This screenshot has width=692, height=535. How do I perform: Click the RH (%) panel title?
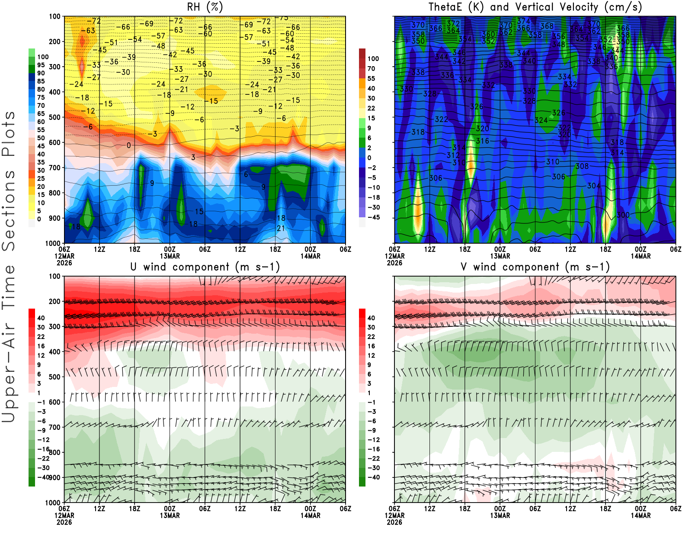click(x=205, y=7)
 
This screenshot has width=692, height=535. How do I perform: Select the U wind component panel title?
click(x=205, y=267)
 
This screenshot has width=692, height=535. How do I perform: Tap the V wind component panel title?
click(x=535, y=267)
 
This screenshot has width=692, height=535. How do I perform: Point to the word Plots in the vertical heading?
click(x=9, y=134)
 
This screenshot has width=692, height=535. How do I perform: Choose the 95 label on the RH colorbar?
click(x=41, y=65)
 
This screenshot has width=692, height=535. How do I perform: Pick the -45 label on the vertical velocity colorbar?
click(x=373, y=217)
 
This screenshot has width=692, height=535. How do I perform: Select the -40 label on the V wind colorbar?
click(x=373, y=477)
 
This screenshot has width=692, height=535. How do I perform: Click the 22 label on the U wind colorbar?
click(x=41, y=337)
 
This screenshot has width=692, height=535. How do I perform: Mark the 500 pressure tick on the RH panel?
click(x=55, y=117)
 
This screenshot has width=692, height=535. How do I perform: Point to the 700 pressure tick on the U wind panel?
click(x=55, y=427)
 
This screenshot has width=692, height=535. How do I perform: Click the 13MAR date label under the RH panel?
click(x=170, y=256)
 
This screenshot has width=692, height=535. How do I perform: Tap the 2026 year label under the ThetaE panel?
click(x=394, y=263)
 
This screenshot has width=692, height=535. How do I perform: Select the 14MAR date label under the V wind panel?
click(x=641, y=516)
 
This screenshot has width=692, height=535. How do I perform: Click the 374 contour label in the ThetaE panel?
click(x=524, y=21)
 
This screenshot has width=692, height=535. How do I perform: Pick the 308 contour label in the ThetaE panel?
click(x=582, y=166)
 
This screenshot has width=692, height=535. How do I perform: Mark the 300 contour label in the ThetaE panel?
click(x=623, y=215)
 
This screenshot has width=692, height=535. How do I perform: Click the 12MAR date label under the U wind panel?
click(x=64, y=516)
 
